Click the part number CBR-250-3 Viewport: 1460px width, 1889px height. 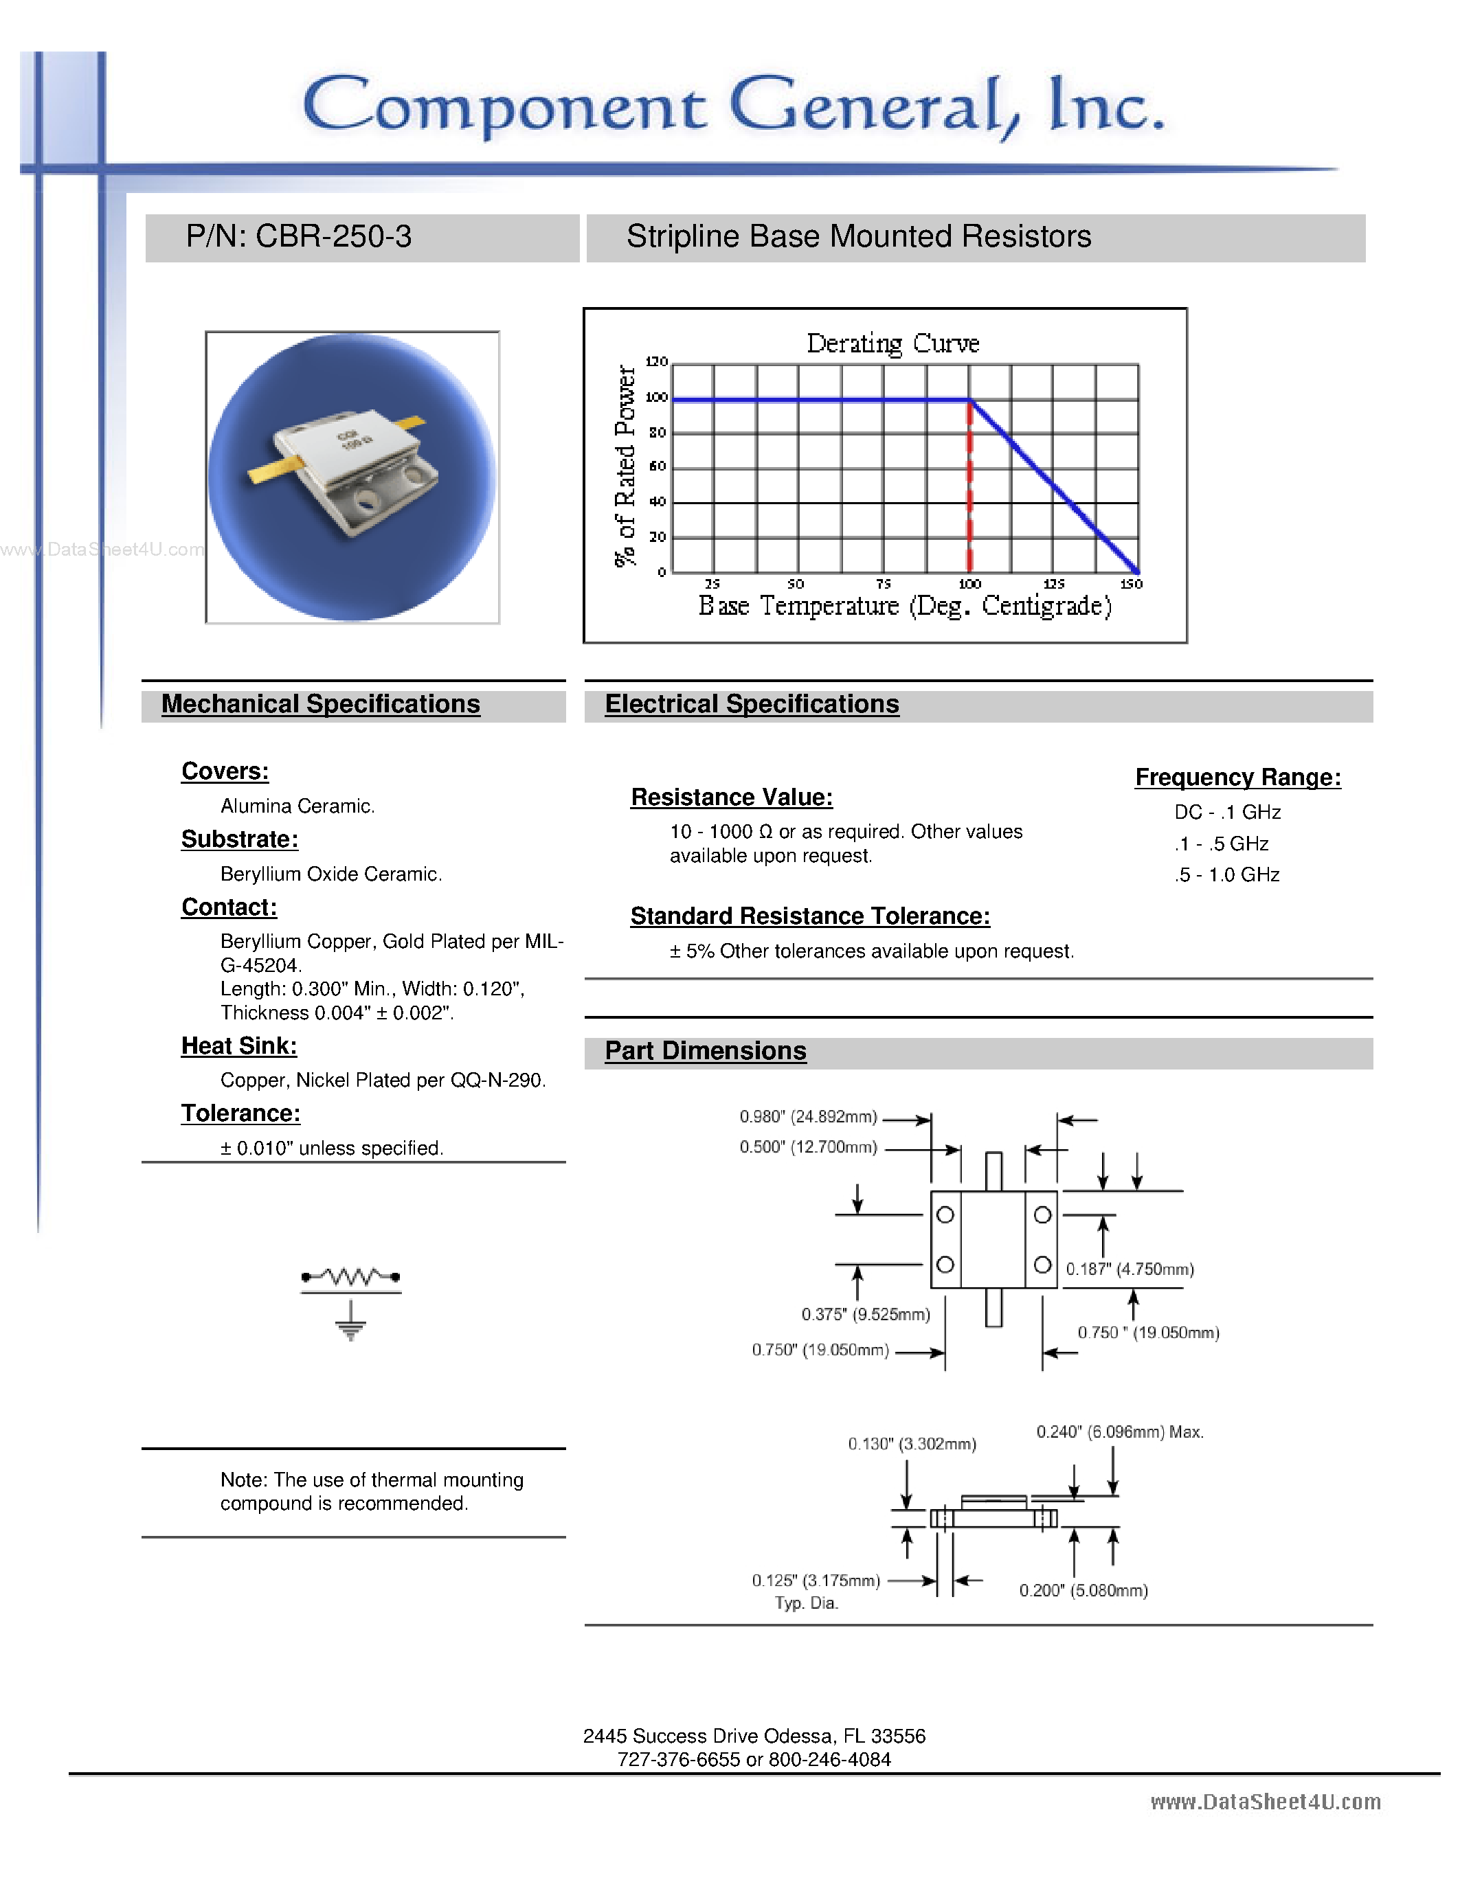pyautogui.click(x=333, y=236)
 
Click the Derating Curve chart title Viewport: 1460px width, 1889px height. pyautogui.click(x=892, y=343)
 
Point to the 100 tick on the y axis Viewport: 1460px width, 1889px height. pyautogui.click(x=656, y=398)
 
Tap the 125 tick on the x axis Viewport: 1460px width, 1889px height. pyautogui.click(x=1053, y=584)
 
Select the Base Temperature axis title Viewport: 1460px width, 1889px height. pyautogui.click(x=905, y=605)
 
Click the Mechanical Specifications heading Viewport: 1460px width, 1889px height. pyautogui.click(x=320, y=704)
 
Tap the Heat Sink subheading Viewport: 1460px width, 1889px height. pyautogui.click(x=238, y=1045)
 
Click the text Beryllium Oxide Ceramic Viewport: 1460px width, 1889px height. pyautogui.click(x=330, y=874)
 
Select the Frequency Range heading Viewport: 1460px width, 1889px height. pyautogui.click(x=1237, y=777)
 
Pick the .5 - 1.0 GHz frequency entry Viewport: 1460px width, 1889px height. pyautogui.click(x=1226, y=874)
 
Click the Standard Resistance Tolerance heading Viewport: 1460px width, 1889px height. pyautogui.click(x=809, y=916)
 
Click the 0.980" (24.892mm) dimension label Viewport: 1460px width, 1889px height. pyautogui.click(x=808, y=1117)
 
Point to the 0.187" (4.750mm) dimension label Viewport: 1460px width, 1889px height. pyautogui.click(x=1130, y=1269)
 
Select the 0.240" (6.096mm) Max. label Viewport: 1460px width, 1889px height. pyautogui.click(x=1119, y=1432)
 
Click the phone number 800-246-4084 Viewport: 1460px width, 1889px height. pyautogui.click(x=829, y=1759)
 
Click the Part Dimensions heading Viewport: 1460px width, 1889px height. pyautogui.click(x=705, y=1051)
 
